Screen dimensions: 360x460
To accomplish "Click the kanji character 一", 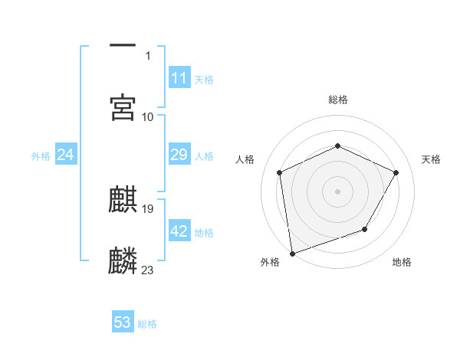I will point(123,47).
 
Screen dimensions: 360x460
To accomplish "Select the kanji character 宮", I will point(123,107).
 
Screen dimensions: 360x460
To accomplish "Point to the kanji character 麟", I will point(123,260).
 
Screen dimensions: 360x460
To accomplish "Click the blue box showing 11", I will point(179,78).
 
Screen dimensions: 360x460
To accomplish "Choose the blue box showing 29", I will point(179,155).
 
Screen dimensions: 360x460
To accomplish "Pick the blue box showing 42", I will point(179,231).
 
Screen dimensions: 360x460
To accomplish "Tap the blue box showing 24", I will point(66,155).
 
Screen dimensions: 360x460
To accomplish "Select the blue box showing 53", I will point(123,322).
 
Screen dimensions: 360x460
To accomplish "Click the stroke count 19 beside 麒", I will point(148,208).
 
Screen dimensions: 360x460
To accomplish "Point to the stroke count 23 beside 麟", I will point(148,270).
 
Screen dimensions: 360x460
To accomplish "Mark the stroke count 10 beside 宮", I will point(148,116).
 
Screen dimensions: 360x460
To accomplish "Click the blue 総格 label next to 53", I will point(147,324).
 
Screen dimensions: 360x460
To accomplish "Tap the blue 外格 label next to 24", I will point(41,155).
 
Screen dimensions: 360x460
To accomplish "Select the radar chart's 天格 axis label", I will point(431,159).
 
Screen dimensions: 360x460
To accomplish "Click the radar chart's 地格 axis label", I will point(402,262).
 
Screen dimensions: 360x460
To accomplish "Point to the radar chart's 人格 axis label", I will point(245,159).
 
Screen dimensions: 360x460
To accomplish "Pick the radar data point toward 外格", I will point(292,253).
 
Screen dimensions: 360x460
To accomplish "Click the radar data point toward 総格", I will point(337,146).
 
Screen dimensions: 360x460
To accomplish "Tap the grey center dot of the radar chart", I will point(337,191).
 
